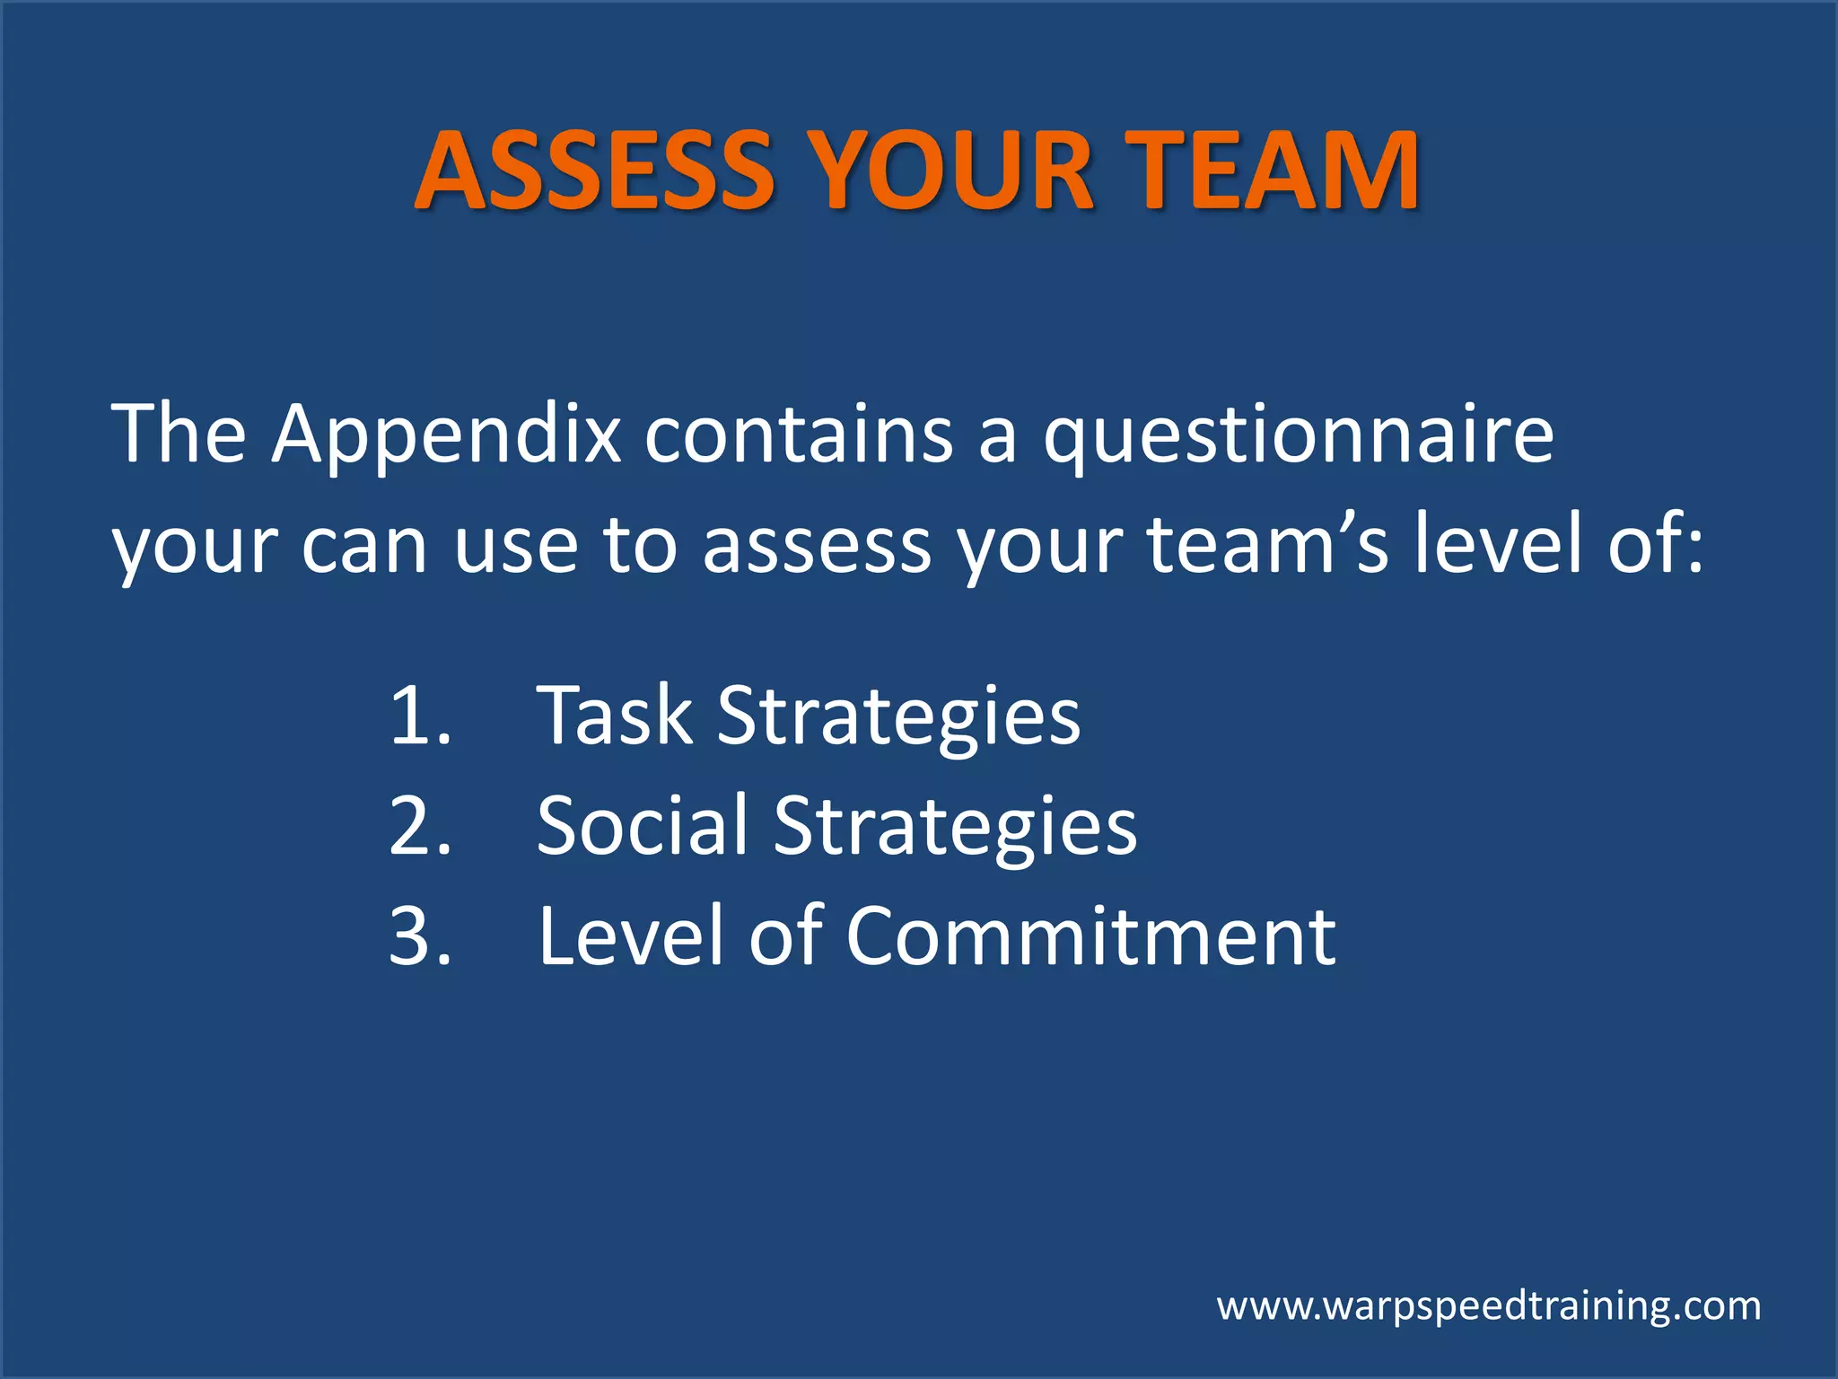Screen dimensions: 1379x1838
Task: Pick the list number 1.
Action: pyautogui.click(x=418, y=716)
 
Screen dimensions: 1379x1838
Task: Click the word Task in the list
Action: pyautogui.click(x=615, y=716)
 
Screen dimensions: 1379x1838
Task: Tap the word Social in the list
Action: pyautogui.click(x=642, y=825)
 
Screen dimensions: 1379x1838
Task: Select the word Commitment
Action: pyautogui.click(x=1090, y=936)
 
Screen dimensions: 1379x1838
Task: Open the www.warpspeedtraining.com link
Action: pyautogui.click(x=1489, y=1306)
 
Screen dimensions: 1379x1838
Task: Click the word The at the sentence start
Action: pyautogui.click(x=178, y=435)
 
